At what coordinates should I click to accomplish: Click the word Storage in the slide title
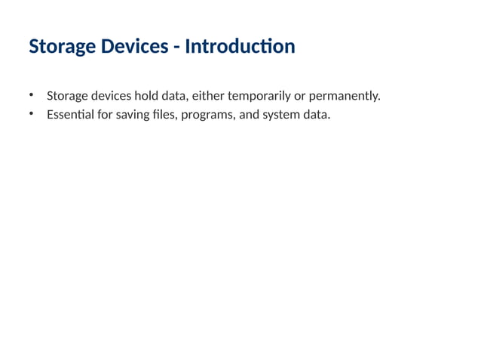tap(60, 48)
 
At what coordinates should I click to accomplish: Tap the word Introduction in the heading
tap(240, 47)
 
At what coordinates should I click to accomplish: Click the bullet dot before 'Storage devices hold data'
tap(32, 96)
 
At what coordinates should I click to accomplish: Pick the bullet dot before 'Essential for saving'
tap(32, 115)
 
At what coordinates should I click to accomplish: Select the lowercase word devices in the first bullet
tap(112, 97)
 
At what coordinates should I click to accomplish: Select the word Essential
tap(66, 116)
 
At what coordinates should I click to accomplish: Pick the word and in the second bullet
tap(249, 116)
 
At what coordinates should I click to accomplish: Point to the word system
tap(281, 116)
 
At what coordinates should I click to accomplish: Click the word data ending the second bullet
tap(316, 116)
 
